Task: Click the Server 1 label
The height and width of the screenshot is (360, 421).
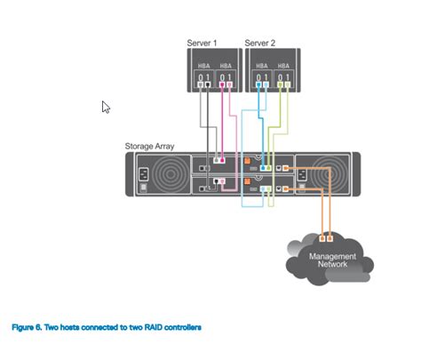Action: tap(203, 43)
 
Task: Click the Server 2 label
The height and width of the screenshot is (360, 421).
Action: tap(260, 43)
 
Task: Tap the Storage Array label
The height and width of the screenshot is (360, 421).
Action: tap(149, 145)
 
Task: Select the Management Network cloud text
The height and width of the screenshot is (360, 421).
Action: tap(332, 260)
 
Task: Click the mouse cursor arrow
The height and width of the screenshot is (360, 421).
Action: tap(106, 108)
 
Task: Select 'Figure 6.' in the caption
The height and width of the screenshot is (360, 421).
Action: tap(25, 328)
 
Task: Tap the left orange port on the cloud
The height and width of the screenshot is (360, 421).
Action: tap(322, 237)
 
